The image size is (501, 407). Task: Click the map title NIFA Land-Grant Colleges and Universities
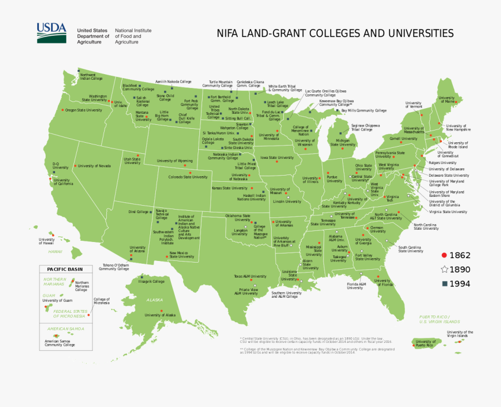point(335,33)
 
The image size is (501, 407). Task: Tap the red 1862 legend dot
point(444,255)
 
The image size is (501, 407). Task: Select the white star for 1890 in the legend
point(444,270)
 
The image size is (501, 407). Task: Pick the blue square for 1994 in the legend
point(444,284)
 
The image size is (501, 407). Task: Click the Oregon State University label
point(84,110)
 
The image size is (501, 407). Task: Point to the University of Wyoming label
point(174,161)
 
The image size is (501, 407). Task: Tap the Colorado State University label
point(188,177)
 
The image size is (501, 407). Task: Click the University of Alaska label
point(160,315)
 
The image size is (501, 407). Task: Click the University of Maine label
point(446,100)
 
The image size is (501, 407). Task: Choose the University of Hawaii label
point(46,241)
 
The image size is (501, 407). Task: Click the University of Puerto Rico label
point(426,343)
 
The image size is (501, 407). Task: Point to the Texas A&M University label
point(249,276)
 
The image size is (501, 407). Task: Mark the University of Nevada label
point(94,166)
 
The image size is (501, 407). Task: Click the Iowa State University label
point(277,158)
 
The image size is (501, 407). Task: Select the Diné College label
point(138,212)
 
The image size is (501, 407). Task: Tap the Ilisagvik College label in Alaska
point(151,282)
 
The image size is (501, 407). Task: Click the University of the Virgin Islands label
point(460,334)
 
